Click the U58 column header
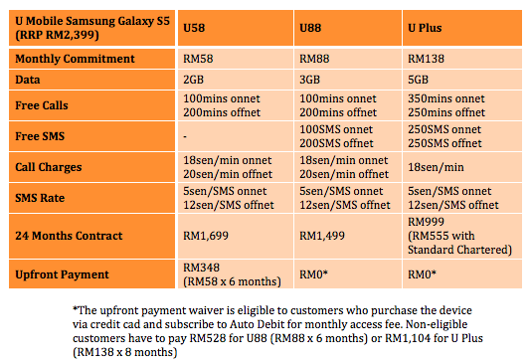click(194, 28)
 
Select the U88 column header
click(310, 28)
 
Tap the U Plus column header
click(425, 28)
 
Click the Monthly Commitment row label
click(75, 59)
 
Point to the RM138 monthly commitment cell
click(426, 59)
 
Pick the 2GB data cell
click(193, 80)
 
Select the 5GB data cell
click(418, 80)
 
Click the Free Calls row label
click(42, 105)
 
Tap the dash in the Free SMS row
click(185, 136)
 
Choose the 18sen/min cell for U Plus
click(436, 167)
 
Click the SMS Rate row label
click(40, 198)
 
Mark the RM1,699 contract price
click(206, 236)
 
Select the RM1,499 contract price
click(322, 236)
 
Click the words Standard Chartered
click(459, 250)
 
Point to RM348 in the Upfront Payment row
click(202, 268)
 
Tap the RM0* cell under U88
click(314, 274)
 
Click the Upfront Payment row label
click(62, 274)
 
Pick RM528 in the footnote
click(208, 338)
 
